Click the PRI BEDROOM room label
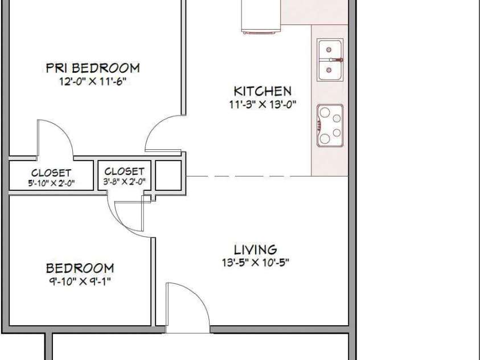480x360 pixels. (x=93, y=68)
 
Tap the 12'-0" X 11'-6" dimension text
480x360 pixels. (x=93, y=81)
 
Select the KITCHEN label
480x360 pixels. (x=262, y=91)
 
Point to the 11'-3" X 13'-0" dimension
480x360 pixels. (x=262, y=105)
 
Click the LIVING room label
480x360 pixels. (x=255, y=249)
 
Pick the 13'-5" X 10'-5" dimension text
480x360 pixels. (x=256, y=263)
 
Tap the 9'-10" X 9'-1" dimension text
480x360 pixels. (x=80, y=281)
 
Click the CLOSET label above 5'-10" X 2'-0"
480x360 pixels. (x=51, y=173)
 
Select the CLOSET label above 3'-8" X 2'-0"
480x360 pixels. (x=124, y=171)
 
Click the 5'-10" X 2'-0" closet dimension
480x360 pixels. (x=51, y=183)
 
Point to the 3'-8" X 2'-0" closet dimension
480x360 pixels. (x=124, y=182)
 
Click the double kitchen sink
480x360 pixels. (x=330, y=60)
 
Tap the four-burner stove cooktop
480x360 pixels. (x=330, y=126)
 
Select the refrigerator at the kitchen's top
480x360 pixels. (x=261, y=16)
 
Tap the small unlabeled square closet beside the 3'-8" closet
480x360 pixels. (x=169, y=175)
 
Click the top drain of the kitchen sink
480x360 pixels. (x=329, y=50)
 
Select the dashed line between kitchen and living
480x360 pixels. (x=249, y=177)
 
